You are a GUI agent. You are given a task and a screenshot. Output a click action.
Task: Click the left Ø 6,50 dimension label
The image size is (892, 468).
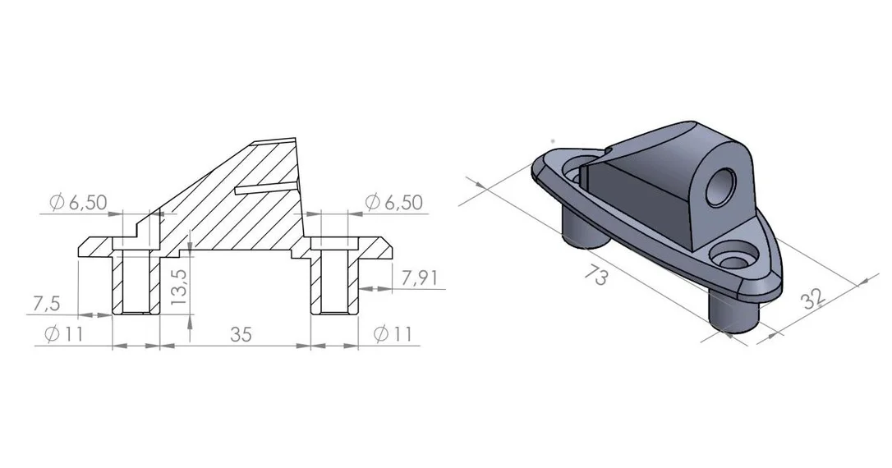coord(78,202)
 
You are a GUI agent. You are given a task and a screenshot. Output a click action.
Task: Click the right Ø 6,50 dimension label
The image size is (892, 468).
coord(393,202)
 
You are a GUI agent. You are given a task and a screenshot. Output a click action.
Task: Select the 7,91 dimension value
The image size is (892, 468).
coord(420,278)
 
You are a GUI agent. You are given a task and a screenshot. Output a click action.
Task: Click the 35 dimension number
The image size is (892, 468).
coord(241,334)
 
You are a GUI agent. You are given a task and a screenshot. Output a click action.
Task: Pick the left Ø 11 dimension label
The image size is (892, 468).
coord(63,334)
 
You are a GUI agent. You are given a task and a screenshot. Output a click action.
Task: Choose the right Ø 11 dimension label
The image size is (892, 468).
coord(393,334)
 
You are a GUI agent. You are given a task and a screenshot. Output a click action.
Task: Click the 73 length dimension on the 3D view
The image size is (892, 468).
coord(596,275)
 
